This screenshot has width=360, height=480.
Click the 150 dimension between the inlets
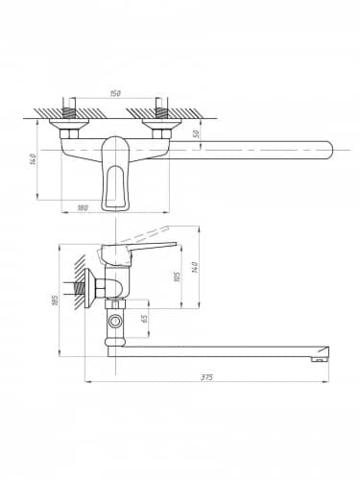tap(115, 94)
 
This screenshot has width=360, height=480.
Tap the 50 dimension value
tap(197, 133)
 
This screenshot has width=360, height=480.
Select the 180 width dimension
tap(83, 207)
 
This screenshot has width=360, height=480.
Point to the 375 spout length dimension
tap(207, 377)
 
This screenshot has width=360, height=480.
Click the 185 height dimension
tap(55, 300)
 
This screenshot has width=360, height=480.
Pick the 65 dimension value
tap(144, 319)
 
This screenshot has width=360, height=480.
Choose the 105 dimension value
tap(177, 277)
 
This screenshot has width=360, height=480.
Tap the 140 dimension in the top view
tap(34, 159)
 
